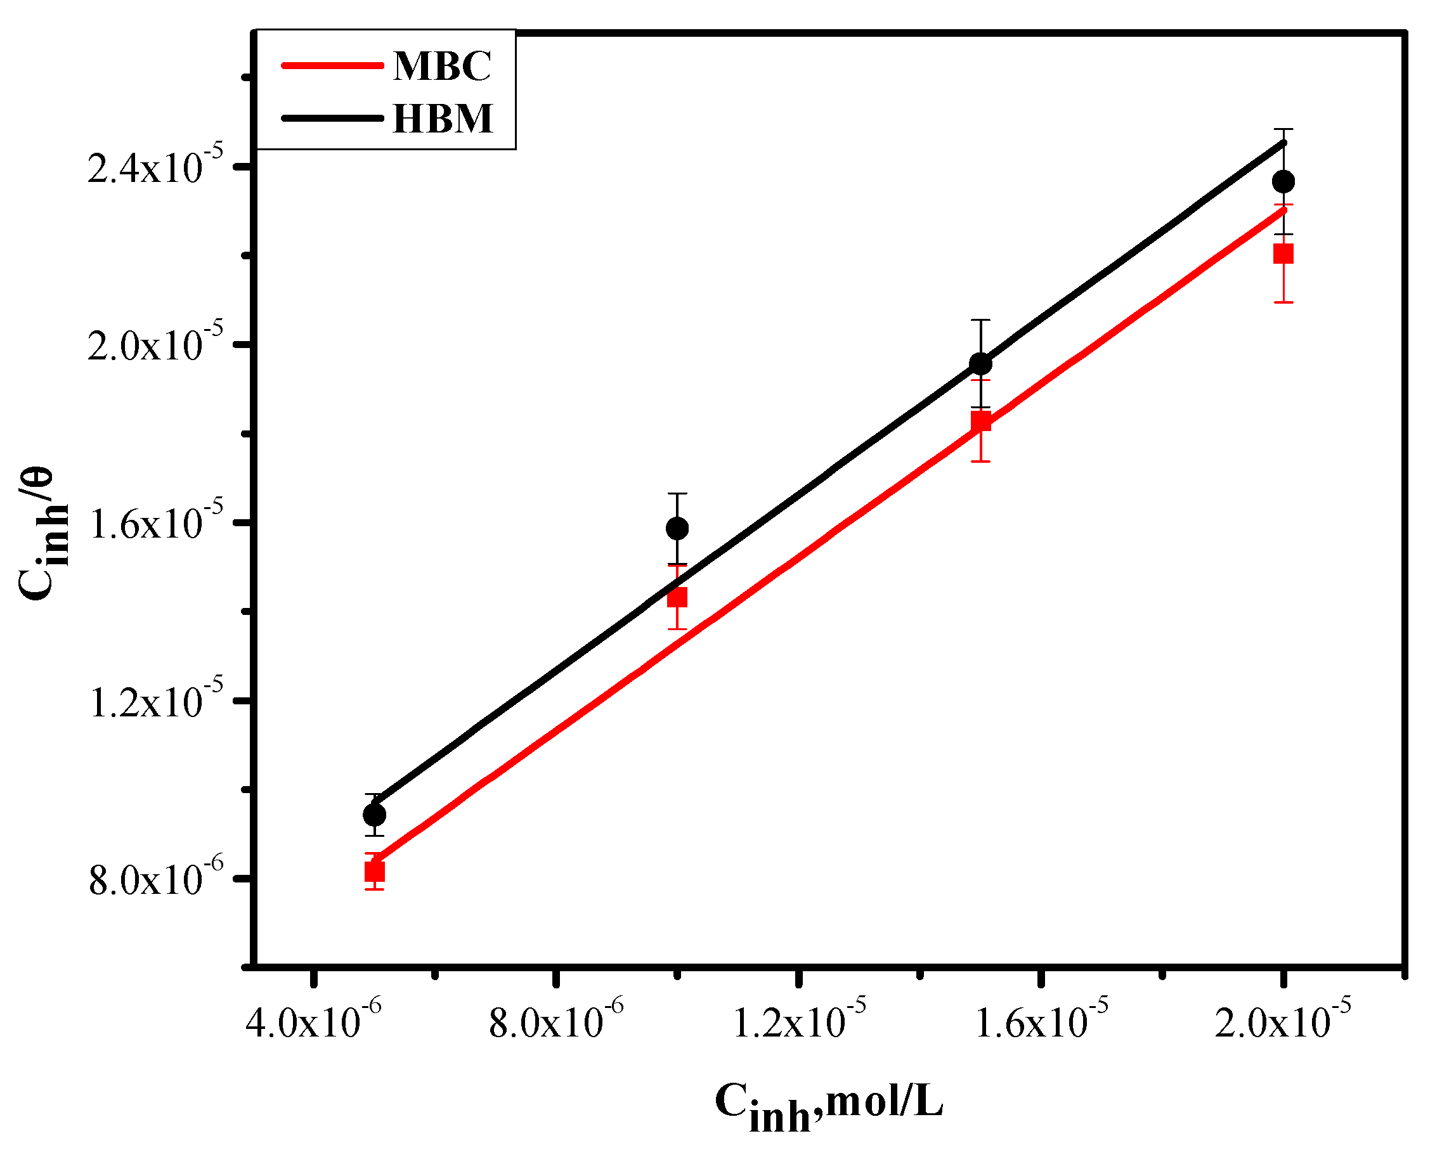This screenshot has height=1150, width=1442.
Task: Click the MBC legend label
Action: coord(442,67)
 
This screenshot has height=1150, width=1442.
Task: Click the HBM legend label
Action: coord(443,119)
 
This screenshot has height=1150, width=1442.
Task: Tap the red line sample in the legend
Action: coord(332,65)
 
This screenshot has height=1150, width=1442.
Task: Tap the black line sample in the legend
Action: coord(332,118)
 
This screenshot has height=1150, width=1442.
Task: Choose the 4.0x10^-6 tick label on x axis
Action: coord(313,1023)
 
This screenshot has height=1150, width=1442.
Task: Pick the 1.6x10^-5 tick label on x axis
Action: coord(1041,1023)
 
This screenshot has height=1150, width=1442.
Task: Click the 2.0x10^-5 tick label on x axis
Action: coord(1283,1023)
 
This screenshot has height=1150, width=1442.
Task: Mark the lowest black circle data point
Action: coord(375,815)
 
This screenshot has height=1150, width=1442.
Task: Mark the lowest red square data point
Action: coord(375,872)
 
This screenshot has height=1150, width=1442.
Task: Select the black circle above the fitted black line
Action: coord(677,529)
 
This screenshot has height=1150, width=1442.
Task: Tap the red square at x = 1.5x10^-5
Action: coord(980,421)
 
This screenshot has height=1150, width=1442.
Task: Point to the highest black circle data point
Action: coord(1283,181)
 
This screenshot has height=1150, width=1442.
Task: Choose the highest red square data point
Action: coord(1283,254)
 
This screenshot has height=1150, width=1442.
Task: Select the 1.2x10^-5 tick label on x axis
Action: coord(798,1023)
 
